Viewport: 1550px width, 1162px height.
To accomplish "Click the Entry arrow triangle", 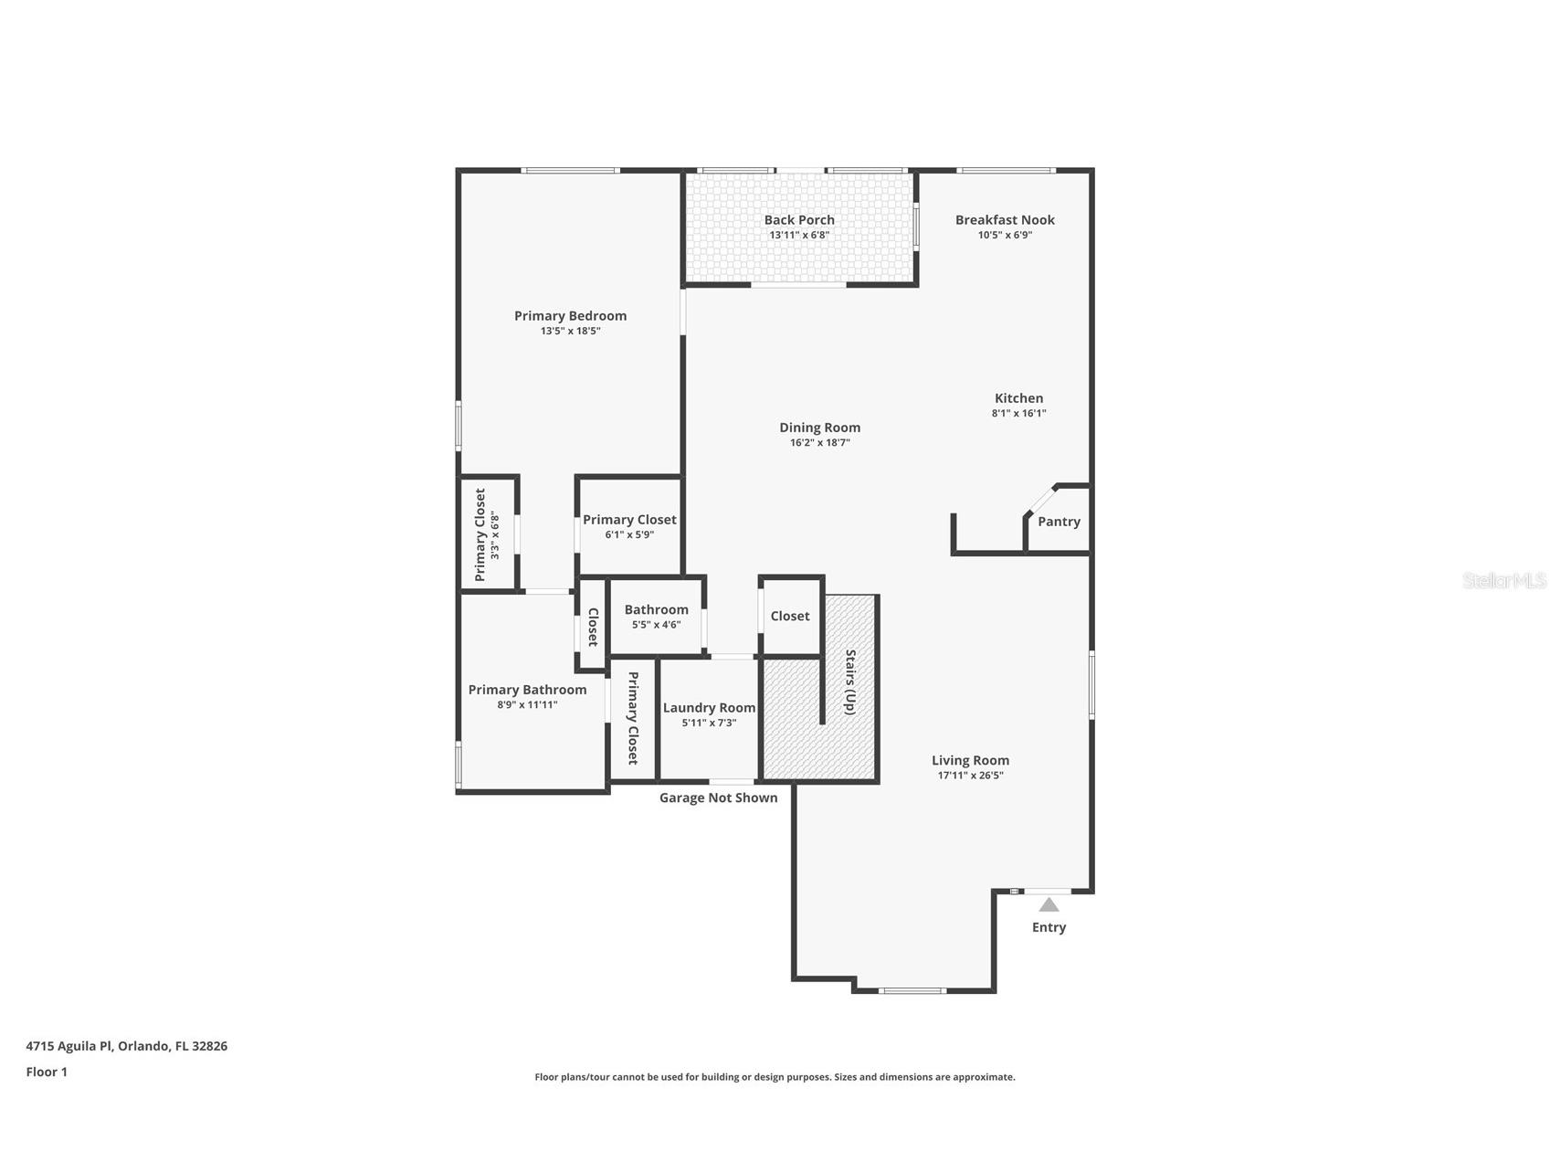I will click(x=1049, y=904).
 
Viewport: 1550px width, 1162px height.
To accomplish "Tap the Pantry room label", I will click(x=1059, y=522).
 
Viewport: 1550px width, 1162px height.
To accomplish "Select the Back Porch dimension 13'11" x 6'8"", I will click(x=799, y=235).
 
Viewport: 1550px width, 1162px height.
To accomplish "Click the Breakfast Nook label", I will click(x=1005, y=219).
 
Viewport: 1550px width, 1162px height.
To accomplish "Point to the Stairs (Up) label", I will click(x=850, y=682).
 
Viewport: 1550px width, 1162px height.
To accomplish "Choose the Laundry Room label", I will click(x=709, y=707).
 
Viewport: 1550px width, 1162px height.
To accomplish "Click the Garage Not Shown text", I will click(x=718, y=798).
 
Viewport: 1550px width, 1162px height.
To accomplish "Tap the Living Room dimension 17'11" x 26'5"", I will click(x=970, y=776).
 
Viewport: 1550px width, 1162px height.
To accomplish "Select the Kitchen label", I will click(x=1018, y=398).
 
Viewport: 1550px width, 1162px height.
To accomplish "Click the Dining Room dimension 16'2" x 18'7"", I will click(x=819, y=443).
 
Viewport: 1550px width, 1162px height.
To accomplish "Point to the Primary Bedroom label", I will click(x=570, y=316).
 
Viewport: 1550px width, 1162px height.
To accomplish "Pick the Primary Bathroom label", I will click(x=527, y=690).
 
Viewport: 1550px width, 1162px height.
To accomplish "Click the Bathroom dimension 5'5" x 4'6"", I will click(x=656, y=625).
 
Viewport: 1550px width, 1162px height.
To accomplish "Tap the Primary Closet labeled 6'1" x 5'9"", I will click(x=629, y=520).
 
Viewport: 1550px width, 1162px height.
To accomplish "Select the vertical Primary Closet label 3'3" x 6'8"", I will click(x=480, y=535).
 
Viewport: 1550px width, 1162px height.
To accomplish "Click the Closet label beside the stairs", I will click(x=789, y=616).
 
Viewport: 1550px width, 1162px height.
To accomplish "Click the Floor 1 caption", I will click(x=47, y=1072).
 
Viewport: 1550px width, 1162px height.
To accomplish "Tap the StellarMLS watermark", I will click(x=1503, y=580).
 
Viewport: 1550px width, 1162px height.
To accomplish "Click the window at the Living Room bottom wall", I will click(x=912, y=990).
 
